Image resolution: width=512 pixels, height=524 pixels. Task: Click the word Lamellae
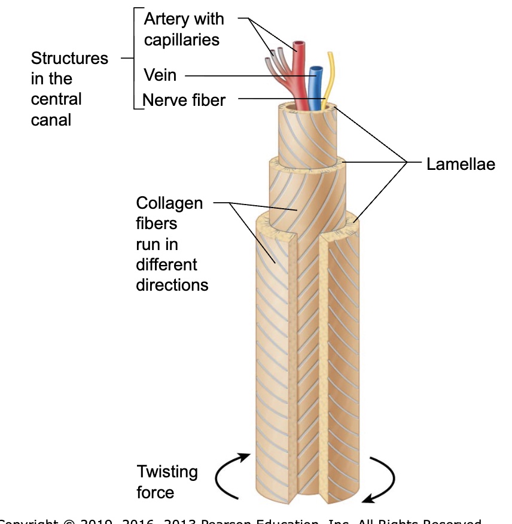pos(461,164)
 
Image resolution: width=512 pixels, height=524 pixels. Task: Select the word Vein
pos(160,77)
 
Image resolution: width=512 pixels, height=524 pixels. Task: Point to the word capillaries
pos(182,39)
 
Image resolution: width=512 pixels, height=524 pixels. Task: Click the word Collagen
pos(169,203)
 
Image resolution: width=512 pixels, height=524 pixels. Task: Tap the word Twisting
pos(167,472)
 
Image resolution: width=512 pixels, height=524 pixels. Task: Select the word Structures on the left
pos(69,59)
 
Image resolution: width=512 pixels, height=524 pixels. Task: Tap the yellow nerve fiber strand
pos(328,72)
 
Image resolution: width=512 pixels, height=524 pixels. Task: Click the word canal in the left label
pos(51,120)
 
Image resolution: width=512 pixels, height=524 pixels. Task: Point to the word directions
pos(172,284)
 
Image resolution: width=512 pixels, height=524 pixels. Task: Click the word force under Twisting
pos(156,492)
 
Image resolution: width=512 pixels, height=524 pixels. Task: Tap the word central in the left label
pos(56,99)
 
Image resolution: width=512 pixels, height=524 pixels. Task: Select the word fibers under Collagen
pos(157,224)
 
